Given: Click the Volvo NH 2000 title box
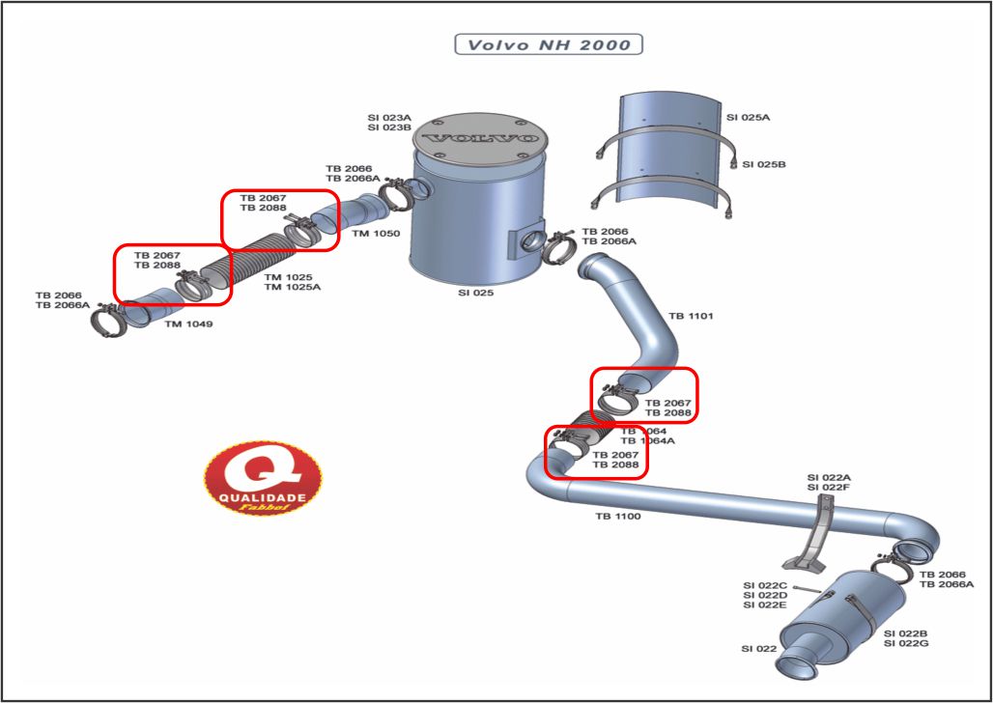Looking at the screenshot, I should [x=548, y=44].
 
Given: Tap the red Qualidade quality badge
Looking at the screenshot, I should [x=263, y=478].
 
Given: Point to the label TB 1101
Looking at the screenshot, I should [x=691, y=316].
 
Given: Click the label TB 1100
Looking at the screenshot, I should [x=617, y=517].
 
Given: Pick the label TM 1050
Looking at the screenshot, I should [x=376, y=234].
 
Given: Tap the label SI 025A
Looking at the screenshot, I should [x=749, y=117].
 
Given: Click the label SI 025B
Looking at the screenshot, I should [x=764, y=164].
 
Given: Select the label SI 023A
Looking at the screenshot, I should [x=389, y=116].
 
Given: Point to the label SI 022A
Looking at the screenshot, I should [x=829, y=477].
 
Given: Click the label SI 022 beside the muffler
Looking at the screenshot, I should [x=759, y=649].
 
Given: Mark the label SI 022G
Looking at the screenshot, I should [x=906, y=643].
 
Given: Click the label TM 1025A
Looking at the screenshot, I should [x=293, y=287].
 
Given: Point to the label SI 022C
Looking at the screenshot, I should [x=765, y=585].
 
